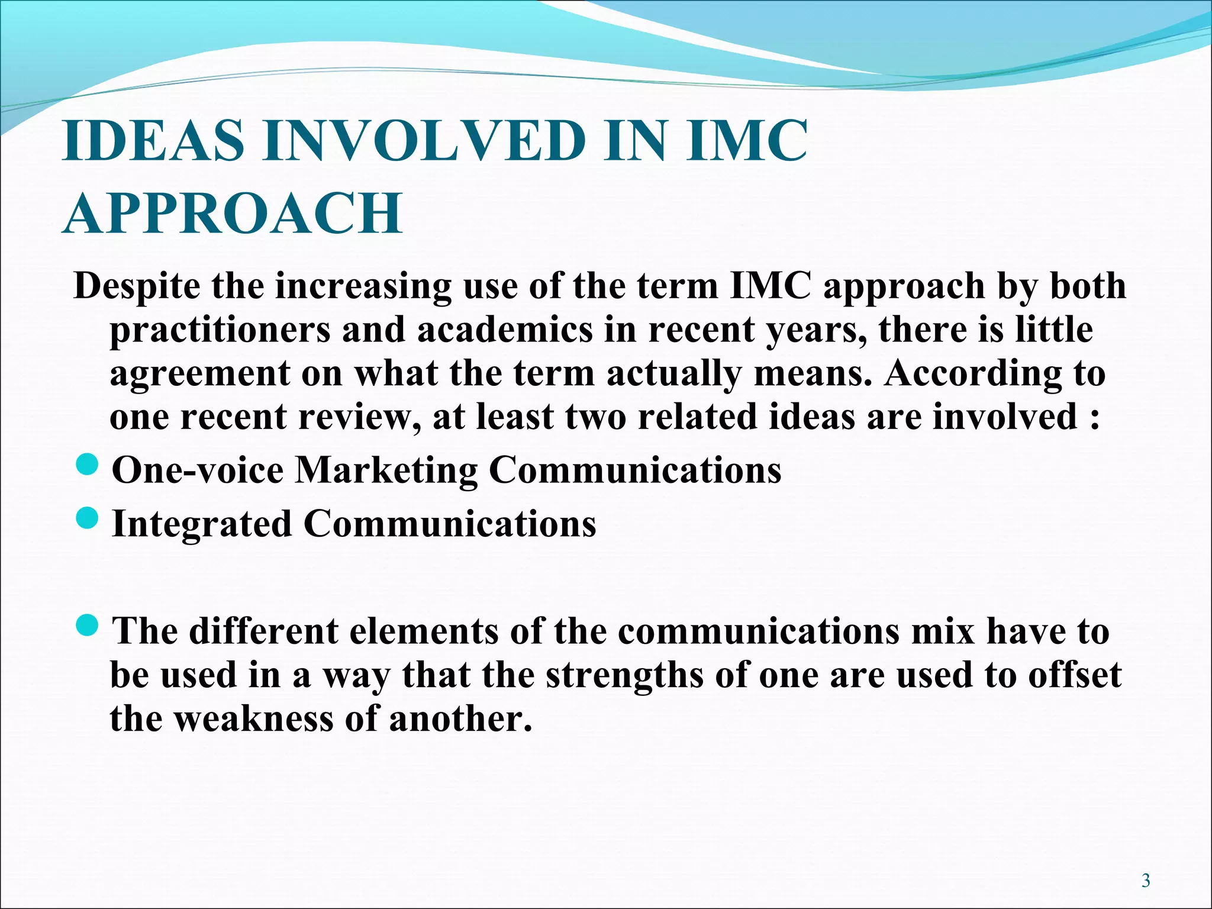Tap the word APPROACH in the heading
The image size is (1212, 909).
pyautogui.click(x=232, y=214)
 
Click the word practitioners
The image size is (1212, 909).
pyautogui.click(x=220, y=330)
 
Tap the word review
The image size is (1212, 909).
pyautogui.click(x=359, y=417)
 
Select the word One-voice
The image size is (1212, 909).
pyautogui.click(x=198, y=470)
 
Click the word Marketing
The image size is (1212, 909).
pyautogui.click(x=385, y=472)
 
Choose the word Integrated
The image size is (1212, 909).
pyautogui.click(x=202, y=524)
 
